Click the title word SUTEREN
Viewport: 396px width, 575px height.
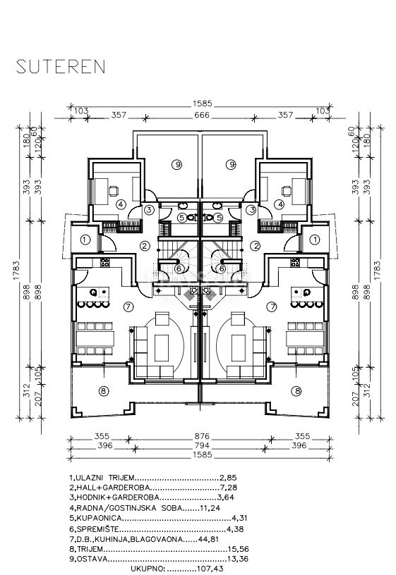coord(61,66)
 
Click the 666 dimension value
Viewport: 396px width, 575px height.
coord(202,115)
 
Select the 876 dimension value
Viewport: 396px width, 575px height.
coord(202,436)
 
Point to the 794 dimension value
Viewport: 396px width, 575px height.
coord(202,445)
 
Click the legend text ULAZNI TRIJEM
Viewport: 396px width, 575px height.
coord(105,478)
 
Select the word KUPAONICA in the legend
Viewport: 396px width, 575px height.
coord(98,518)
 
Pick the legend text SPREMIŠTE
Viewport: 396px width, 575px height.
coord(97,529)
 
